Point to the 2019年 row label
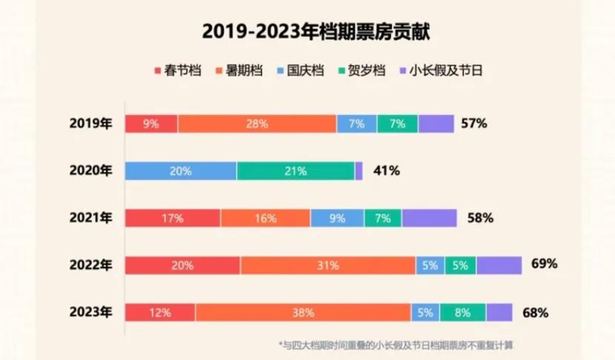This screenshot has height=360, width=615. [x=90, y=124]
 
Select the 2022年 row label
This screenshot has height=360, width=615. [x=90, y=265]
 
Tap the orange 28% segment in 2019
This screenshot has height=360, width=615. [x=257, y=124]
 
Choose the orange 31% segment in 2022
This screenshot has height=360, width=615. [x=327, y=265]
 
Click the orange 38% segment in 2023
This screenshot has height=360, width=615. [x=302, y=312]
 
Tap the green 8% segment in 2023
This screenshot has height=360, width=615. [x=462, y=312]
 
